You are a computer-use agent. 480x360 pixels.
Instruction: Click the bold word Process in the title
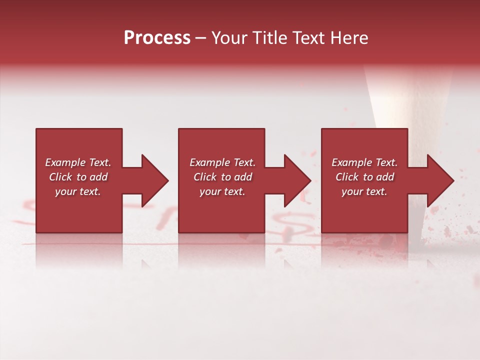point(157,38)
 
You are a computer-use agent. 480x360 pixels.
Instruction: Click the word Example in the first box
point(65,162)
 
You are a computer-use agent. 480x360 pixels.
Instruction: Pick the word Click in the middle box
point(205,177)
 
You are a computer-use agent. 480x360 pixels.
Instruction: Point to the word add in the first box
point(99,177)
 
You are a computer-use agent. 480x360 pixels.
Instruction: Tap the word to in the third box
point(368,177)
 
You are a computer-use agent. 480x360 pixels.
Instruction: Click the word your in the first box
point(65,191)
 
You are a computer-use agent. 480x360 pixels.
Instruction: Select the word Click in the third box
point(347,177)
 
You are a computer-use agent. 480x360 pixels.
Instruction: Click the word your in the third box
point(352,191)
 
